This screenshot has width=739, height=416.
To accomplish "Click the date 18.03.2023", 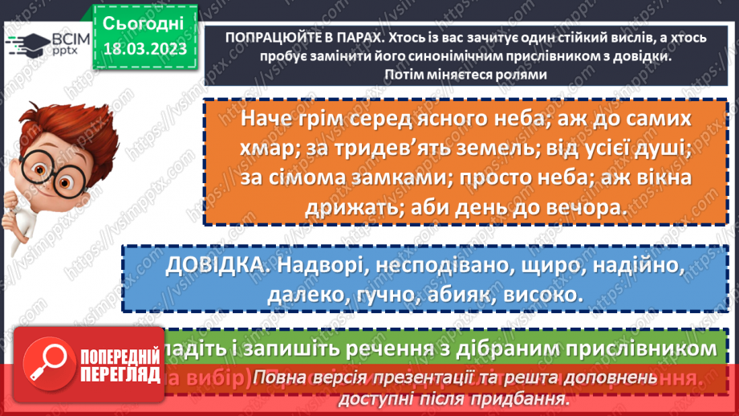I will coord(144,49).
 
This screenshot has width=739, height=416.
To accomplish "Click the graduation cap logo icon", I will coord(22,44).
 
